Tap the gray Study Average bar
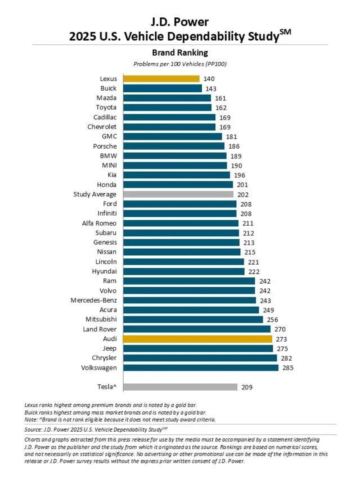click(x=178, y=194)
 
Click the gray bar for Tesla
click(x=180, y=387)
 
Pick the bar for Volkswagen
click(x=201, y=367)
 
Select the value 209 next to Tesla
click(x=246, y=387)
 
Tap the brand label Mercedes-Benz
click(x=93, y=300)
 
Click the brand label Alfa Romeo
click(x=99, y=223)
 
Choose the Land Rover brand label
click(x=99, y=329)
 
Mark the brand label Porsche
click(x=105, y=146)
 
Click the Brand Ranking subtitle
click(x=180, y=53)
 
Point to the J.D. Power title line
click(x=180, y=22)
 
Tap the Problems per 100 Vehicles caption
click(x=180, y=64)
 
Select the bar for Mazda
click(x=167, y=98)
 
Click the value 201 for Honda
click(x=242, y=185)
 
